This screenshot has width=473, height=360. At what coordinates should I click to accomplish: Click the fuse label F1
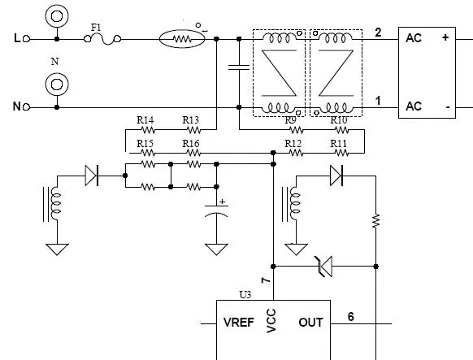point(96,28)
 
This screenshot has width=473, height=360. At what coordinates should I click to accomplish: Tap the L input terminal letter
point(17,38)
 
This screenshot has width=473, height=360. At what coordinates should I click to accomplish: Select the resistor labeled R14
point(148,130)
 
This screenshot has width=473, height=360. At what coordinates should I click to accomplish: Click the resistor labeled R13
point(193,130)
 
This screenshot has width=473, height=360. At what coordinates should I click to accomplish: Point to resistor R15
point(148,153)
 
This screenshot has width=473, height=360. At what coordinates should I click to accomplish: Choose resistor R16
point(193,153)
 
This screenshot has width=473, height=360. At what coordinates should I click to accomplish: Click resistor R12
point(296,153)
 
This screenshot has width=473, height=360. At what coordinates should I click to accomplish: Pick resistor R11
point(342,153)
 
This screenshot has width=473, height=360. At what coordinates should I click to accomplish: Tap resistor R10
point(342,130)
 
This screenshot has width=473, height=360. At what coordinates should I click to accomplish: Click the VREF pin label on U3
point(239,323)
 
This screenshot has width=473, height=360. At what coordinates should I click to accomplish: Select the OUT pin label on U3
point(310,323)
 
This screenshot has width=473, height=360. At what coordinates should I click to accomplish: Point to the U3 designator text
point(245,294)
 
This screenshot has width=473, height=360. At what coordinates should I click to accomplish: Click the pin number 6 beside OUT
point(350,317)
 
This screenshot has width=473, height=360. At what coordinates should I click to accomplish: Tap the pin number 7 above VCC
point(266,280)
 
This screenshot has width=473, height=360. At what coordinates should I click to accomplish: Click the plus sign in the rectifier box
point(445,37)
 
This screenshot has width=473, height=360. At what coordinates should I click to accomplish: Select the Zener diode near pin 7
point(324,267)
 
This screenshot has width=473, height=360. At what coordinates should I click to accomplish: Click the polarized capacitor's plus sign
point(223,202)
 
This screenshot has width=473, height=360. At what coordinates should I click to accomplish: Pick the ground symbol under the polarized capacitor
point(216,249)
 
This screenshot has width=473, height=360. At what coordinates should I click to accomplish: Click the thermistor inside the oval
point(182,39)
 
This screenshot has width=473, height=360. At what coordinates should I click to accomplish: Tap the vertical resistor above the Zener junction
point(375,221)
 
